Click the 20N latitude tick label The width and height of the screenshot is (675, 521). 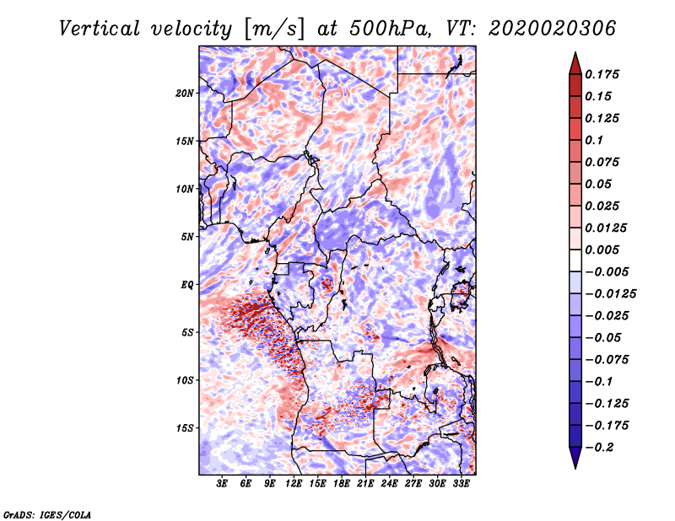pos(184,94)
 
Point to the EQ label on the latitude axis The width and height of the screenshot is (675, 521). pos(186,285)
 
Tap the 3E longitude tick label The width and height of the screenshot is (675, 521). pos(222,484)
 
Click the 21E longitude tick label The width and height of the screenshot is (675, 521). pos(365,484)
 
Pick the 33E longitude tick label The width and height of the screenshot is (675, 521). pos(461,484)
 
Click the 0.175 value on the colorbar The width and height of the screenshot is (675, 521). pos(602,74)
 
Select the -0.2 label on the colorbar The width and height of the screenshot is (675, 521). pos(599,448)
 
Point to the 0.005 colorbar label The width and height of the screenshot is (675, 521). pos(602,250)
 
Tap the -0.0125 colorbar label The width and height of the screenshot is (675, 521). pos(610,294)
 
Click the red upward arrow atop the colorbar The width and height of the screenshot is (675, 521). pos(575,64)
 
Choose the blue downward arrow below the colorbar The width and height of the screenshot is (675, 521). pos(575,458)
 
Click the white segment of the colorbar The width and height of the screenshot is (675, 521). pos(575,260)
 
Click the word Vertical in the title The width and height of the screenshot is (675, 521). pos(100,29)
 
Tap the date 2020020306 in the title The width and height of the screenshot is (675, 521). pos(552,29)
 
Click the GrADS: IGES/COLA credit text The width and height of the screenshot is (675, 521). pos(47,515)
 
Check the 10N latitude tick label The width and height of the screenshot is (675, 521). pos(184,189)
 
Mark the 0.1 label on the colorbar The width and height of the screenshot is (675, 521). pos(594,140)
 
